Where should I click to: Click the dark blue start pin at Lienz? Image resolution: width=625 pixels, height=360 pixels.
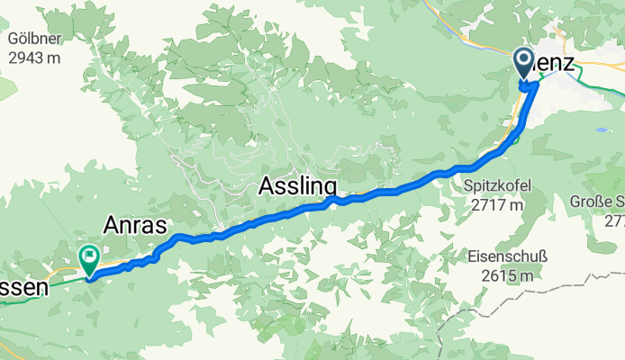click(525, 64)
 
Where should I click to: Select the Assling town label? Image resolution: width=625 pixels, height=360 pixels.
click(298, 186)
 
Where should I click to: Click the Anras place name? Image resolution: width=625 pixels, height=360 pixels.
click(134, 225)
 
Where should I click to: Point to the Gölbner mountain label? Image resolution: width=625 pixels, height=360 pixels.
click(33, 39)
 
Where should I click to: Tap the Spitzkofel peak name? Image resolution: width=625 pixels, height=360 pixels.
click(497, 186)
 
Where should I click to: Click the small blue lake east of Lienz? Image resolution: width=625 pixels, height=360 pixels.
click(599, 130)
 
